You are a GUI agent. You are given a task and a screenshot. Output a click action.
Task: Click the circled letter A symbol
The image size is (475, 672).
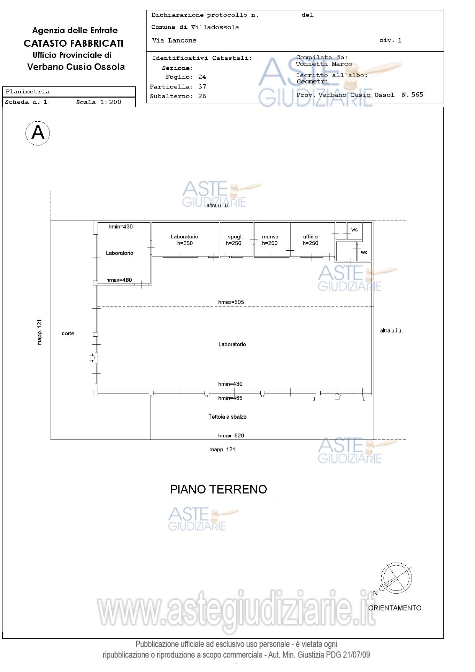click(x=38, y=133)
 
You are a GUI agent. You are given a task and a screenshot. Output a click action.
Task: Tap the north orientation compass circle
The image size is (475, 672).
click(x=396, y=578)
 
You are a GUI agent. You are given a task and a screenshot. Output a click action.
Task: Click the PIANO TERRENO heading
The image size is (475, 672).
click(x=218, y=489)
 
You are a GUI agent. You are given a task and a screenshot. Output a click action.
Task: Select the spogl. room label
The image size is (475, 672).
click(x=235, y=237)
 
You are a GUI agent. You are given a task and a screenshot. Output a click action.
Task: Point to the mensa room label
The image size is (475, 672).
click(x=270, y=237)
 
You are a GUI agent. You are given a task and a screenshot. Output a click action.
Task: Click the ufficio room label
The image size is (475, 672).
click(x=310, y=237)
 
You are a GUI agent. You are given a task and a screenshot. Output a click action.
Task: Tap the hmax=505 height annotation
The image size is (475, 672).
click(x=231, y=302)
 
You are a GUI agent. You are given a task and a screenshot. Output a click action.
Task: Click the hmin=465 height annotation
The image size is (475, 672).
click(x=230, y=398)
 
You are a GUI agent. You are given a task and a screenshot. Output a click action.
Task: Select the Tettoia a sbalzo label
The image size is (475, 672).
click(x=227, y=417)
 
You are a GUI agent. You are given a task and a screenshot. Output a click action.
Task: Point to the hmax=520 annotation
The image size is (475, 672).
click(x=231, y=435)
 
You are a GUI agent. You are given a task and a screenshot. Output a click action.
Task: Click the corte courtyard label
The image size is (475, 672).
click(x=68, y=333)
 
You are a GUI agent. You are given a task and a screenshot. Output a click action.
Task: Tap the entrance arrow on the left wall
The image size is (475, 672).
click(x=92, y=358)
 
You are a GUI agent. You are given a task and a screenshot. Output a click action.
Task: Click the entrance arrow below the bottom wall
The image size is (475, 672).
click(x=337, y=396)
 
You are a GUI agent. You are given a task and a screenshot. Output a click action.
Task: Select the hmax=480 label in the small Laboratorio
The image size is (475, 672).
click(x=119, y=280)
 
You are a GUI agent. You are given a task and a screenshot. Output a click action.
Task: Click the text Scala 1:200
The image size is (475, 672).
click(x=99, y=102)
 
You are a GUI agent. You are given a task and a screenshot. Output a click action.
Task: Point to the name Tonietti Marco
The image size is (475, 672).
click(x=324, y=64)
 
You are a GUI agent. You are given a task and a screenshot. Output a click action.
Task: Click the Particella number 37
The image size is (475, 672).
click(x=202, y=86)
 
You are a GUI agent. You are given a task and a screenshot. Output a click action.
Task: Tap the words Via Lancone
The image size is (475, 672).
click(x=174, y=40)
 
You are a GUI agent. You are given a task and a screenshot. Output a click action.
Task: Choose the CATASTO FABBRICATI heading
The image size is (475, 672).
click(x=73, y=43)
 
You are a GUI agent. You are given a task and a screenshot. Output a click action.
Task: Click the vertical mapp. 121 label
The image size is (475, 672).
click(x=40, y=332)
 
